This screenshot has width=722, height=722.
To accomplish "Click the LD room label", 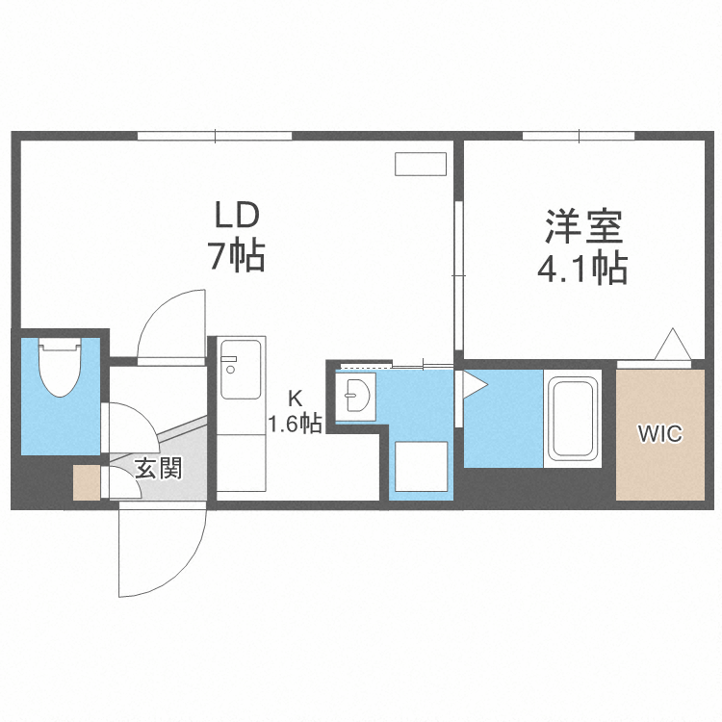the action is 238,217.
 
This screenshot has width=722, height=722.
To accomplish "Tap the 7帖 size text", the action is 237,255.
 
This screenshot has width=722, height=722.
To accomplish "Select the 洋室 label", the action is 584,227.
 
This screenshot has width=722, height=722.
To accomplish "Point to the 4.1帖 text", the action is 582,268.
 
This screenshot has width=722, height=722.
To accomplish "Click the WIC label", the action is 659,434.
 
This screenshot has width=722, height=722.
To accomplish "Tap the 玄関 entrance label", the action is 159,468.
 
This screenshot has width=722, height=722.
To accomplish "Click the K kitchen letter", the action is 296,399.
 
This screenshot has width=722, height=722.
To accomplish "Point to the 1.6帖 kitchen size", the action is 296,424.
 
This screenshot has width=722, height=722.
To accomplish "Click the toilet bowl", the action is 60,367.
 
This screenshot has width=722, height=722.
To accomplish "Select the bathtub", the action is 573,418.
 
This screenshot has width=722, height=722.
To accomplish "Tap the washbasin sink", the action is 355,395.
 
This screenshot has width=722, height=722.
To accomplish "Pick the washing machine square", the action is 422,467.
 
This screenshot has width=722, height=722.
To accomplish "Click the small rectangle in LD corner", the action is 421,164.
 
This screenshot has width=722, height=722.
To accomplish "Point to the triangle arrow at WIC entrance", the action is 673,344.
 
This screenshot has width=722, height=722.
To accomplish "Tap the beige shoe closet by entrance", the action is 87,482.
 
